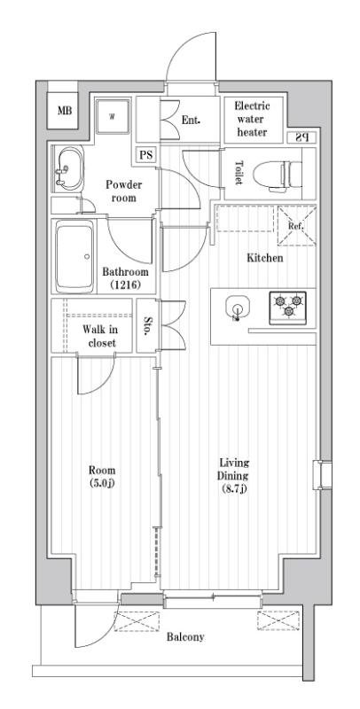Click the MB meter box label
pyautogui.click(x=65, y=110)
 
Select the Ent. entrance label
pyautogui.click(x=191, y=121)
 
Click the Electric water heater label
pyautogui.click(x=252, y=120)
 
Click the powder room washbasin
pyautogui.click(x=69, y=168)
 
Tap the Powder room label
pyautogui.click(x=123, y=191)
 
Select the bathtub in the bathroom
pyautogui.click(x=75, y=256)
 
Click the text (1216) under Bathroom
pyautogui.click(x=125, y=284)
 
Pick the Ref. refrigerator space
pyautogui.click(x=296, y=226)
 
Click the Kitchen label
pyautogui.click(x=265, y=258)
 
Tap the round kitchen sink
pyautogui.click(x=237, y=308)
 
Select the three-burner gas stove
pyautogui.click(x=287, y=308)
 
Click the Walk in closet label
pyautogui.click(x=99, y=336)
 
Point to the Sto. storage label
pyautogui.click(x=147, y=325)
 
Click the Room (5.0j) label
pyautogui.click(x=102, y=476)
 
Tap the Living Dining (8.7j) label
pyautogui.click(x=233, y=476)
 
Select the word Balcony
pyautogui.click(x=185, y=637)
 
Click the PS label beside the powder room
pyautogui.click(x=145, y=155)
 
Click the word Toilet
pyautogui.click(x=239, y=173)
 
